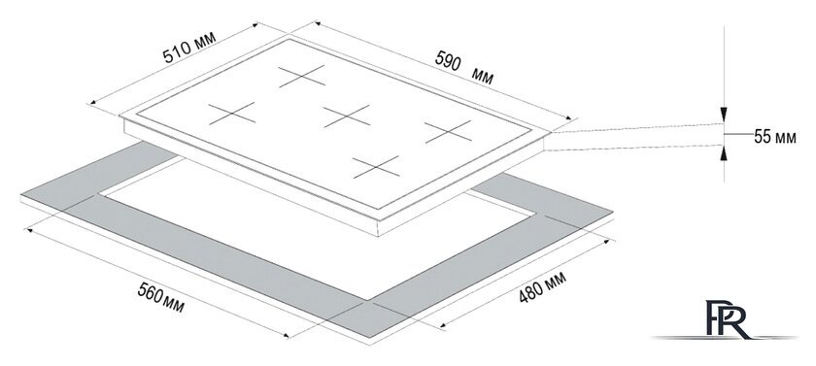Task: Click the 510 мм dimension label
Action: (188, 48)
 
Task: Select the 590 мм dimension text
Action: (464, 68)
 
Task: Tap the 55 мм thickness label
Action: (774, 137)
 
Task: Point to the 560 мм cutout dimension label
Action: (160, 298)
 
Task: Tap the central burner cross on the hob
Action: (346, 116)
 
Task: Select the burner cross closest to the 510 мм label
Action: (232, 114)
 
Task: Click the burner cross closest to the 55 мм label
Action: (448, 131)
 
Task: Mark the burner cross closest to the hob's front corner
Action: (376, 167)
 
